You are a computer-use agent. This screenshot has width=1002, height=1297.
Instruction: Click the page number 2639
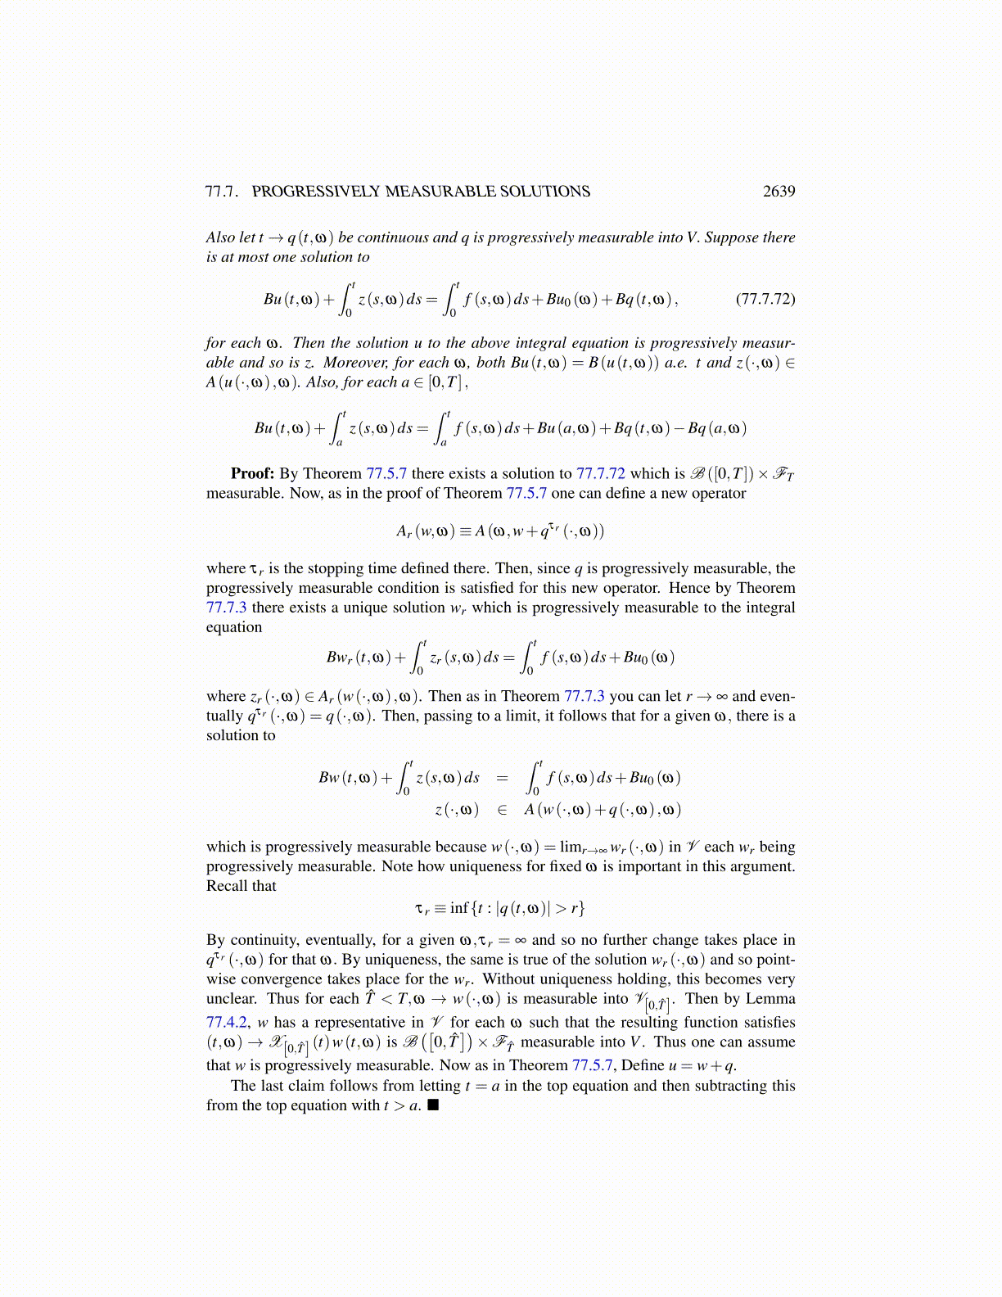click(779, 192)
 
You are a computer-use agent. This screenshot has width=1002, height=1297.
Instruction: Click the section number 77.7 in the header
click(221, 192)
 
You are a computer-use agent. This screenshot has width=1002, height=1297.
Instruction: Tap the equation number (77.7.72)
click(765, 298)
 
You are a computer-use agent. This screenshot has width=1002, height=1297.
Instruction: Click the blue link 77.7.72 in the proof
click(600, 473)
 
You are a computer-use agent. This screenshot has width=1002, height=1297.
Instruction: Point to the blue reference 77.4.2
click(226, 1022)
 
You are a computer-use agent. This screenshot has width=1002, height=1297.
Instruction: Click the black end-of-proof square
click(433, 1105)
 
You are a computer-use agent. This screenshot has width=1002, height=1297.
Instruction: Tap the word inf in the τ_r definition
click(459, 908)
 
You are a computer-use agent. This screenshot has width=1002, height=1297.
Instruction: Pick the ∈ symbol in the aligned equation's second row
click(502, 810)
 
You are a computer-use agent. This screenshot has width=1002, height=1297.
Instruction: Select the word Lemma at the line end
click(770, 998)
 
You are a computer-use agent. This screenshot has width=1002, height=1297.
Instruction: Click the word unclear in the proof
click(232, 998)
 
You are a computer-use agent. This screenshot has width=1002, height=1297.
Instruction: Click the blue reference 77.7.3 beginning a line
click(227, 608)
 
